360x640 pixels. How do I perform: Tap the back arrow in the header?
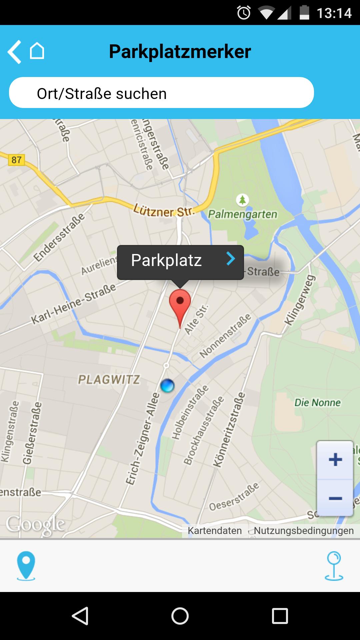pyautogui.click(x=15, y=52)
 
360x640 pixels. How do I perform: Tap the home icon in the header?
pyautogui.click(x=37, y=51)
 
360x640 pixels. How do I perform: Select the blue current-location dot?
pyautogui.click(x=167, y=386)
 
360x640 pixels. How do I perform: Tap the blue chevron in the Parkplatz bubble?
pyautogui.click(x=231, y=259)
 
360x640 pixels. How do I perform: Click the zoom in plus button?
pyautogui.click(x=335, y=460)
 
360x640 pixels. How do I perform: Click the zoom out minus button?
pyautogui.click(x=335, y=499)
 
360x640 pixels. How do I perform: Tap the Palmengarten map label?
pyautogui.click(x=243, y=214)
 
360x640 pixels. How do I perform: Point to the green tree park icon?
pyautogui.click(x=243, y=200)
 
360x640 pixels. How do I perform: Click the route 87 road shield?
pyautogui.click(x=16, y=160)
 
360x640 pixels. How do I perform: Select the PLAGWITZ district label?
pyautogui.click(x=109, y=380)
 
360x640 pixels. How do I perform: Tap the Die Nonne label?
pyautogui.click(x=317, y=403)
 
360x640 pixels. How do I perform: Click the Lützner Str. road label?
pyautogui.click(x=164, y=211)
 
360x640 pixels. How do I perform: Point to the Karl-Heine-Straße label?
pyautogui.click(x=74, y=303)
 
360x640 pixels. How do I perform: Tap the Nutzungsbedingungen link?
pyautogui.click(x=304, y=531)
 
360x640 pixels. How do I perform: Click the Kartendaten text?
pyautogui.click(x=215, y=531)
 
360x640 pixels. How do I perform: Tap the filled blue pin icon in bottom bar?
pyautogui.click(x=26, y=566)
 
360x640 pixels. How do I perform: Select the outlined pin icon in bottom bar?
pyautogui.click(x=334, y=566)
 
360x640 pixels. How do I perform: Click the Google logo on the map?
pyautogui.click(x=35, y=525)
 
